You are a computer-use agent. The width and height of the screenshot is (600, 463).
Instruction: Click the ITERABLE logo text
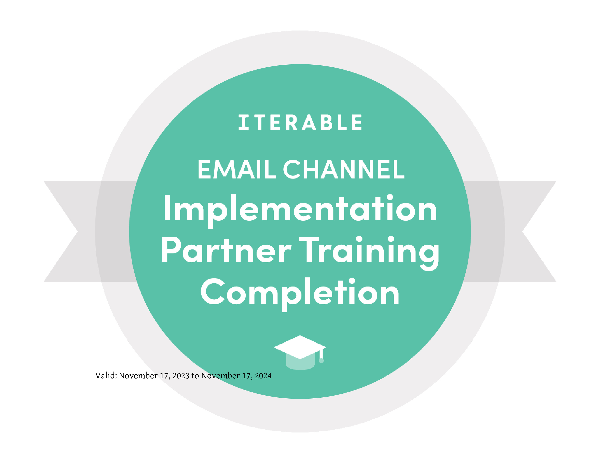300,122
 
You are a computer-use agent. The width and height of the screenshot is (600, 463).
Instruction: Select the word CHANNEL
344,170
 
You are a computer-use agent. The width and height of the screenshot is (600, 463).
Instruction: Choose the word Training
369,253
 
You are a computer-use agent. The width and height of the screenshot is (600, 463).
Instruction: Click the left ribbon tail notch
77,231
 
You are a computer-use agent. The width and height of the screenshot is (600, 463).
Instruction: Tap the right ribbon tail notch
523,231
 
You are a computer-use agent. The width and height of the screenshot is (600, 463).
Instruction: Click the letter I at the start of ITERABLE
243,122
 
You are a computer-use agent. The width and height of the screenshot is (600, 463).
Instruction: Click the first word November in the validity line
138,375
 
